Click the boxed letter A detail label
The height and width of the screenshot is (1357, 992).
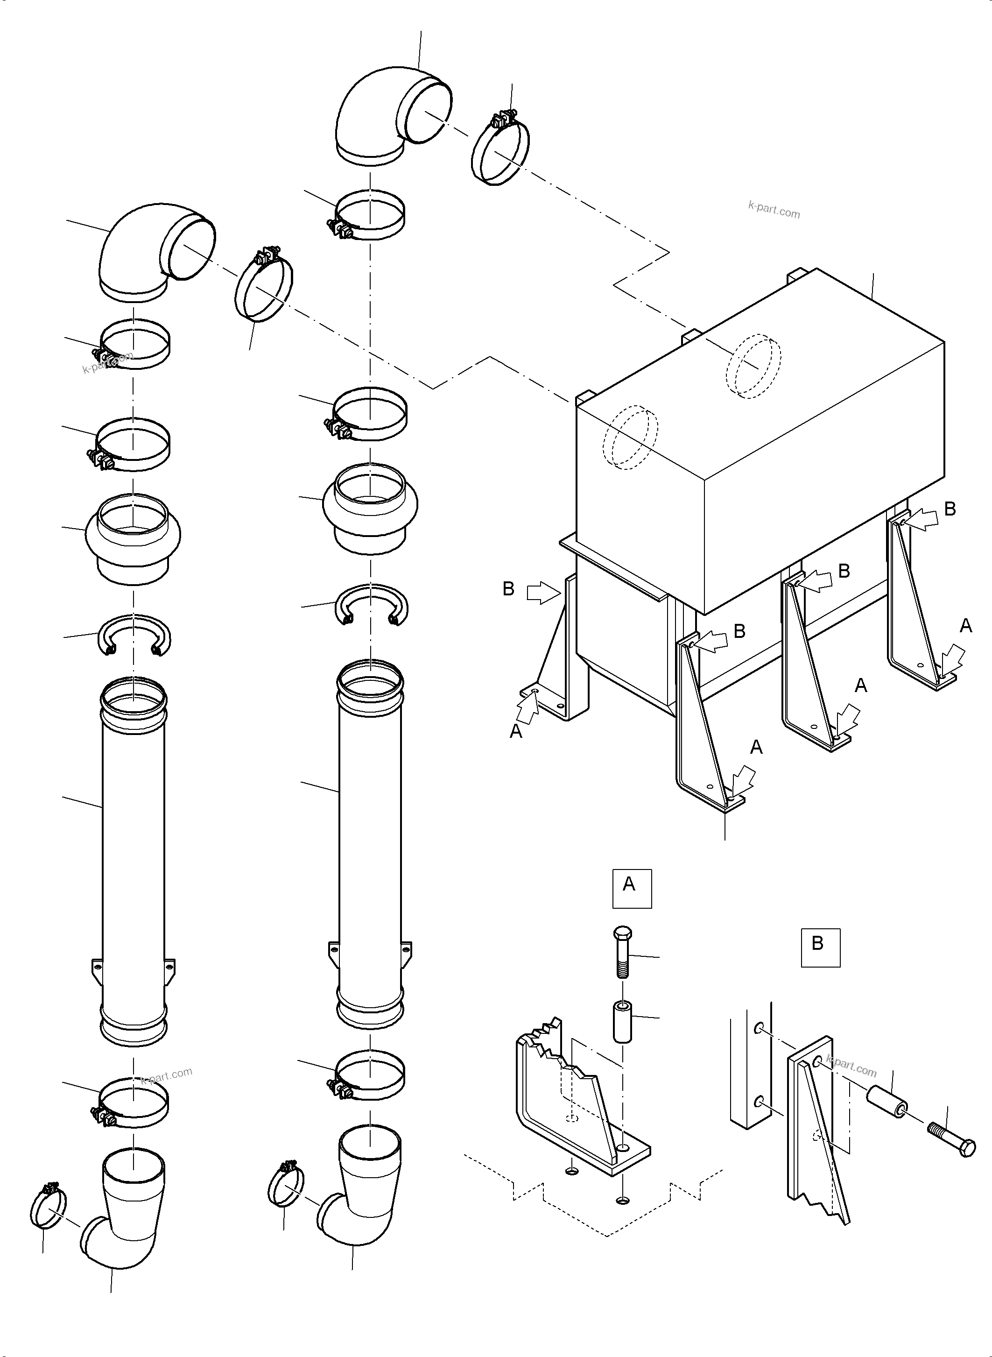pyautogui.click(x=631, y=888)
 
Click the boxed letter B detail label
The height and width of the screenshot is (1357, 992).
pyautogui.click(x=820, y=948)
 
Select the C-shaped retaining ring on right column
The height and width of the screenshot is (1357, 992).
pyautogui.click(x=371, y=602)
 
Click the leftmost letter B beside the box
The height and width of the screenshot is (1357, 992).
pyautogui.click(x=508, y=589)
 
